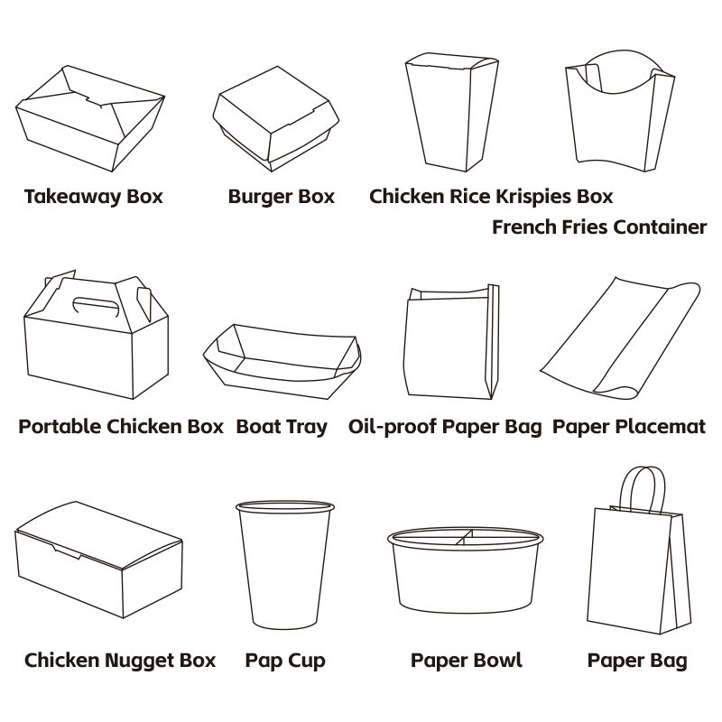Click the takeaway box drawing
pyautogui.click(x=90, y=118)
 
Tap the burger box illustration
pyautogui.click(x=275, y=119)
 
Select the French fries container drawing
pyautogui.click(x=619, y=110)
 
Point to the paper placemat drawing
pyautogui.click(x=620, y=338)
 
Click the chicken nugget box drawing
pyautogui.click(x=99, y=560)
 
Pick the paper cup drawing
pyautogui.click(x=285, y=565)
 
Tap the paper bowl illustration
pyautogui.click(x=465, y=570)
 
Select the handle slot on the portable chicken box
pyautogui.click(x=96, y=304)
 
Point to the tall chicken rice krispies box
pyautogui.click(x=451, y=112)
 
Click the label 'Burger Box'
pyautogui.click(x=282, y=197)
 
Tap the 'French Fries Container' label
pyautogui.click(x=599, y=227)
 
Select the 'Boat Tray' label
pyautogui.click(x=282, y=427)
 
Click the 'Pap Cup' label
pyautogui.click(x=285, y=661)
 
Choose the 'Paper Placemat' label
pyautogui.click(x=628, y=427)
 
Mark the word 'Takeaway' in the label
pyautogui.click(x=73, y=197)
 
